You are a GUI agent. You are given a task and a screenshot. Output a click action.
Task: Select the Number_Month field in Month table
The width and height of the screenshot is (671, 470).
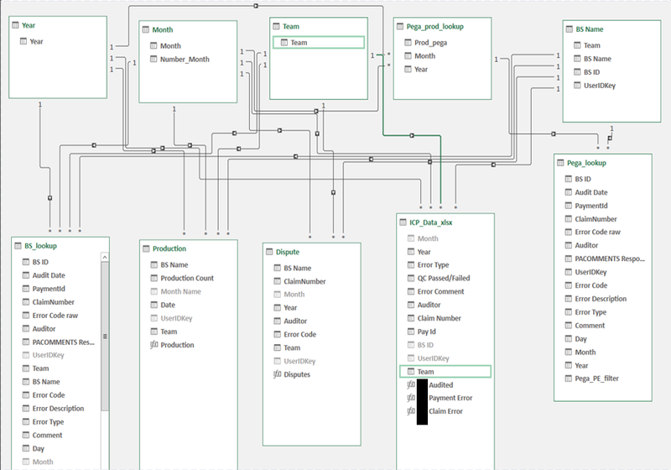point(185,60)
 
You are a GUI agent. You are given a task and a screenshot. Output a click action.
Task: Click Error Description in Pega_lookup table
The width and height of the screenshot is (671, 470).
point(601,299)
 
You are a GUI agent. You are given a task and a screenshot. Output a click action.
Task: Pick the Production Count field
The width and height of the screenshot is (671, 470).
point(187,278)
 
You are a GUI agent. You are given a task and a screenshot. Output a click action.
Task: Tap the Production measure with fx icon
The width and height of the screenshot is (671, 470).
point(177,345)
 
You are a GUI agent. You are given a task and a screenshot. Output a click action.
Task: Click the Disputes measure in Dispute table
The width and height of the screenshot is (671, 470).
point(297,374)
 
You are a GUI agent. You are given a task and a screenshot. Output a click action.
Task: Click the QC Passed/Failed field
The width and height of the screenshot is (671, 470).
point(443,279)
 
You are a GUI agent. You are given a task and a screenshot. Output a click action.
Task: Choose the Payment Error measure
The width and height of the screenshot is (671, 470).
point(450,398)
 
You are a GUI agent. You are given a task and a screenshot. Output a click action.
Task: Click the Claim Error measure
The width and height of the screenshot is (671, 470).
point(445,411)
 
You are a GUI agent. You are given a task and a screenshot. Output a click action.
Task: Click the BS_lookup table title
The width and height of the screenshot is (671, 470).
point(40,246)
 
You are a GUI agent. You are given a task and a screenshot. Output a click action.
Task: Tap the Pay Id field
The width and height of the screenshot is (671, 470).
point(429,332)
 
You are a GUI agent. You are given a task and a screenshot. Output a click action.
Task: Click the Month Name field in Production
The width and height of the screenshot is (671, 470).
point(181,291)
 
